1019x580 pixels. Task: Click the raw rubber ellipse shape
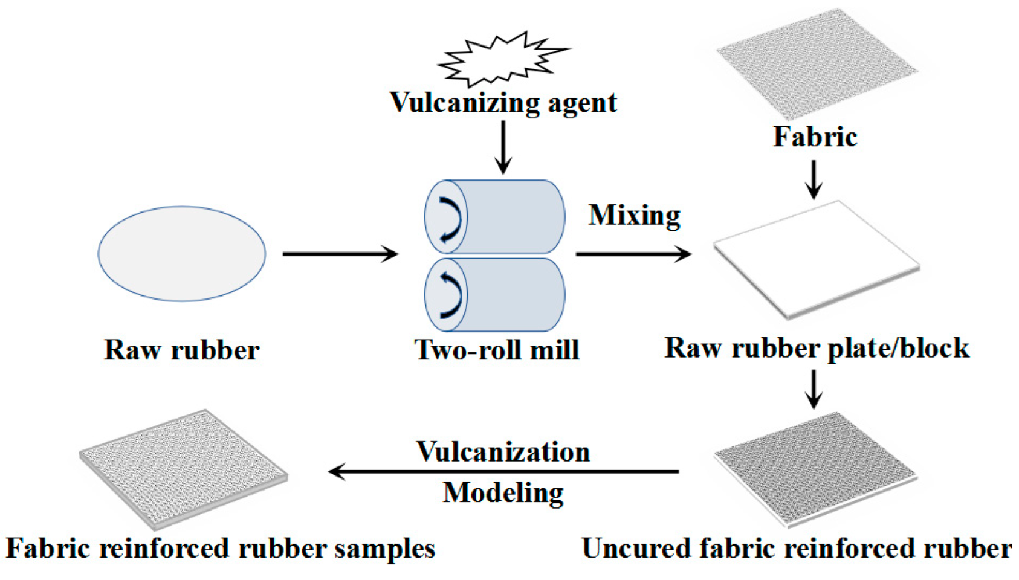click(x=181, y=254)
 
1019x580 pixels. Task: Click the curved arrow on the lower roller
click(x=451, y=295)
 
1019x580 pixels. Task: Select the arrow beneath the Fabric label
click(x=814, y=179)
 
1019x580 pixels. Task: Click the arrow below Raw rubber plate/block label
click(x=814, y=390)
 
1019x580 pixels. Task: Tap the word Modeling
click(x=503, y=493)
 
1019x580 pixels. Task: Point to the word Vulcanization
click(x=503, y=452)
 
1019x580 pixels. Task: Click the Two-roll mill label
click(x=497, y=350)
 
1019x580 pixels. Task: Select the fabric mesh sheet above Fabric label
click(x=816, y=63)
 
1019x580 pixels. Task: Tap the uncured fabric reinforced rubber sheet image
click(x=816, y=468)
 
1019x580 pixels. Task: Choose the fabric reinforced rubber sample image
click(x=183, y=468)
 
